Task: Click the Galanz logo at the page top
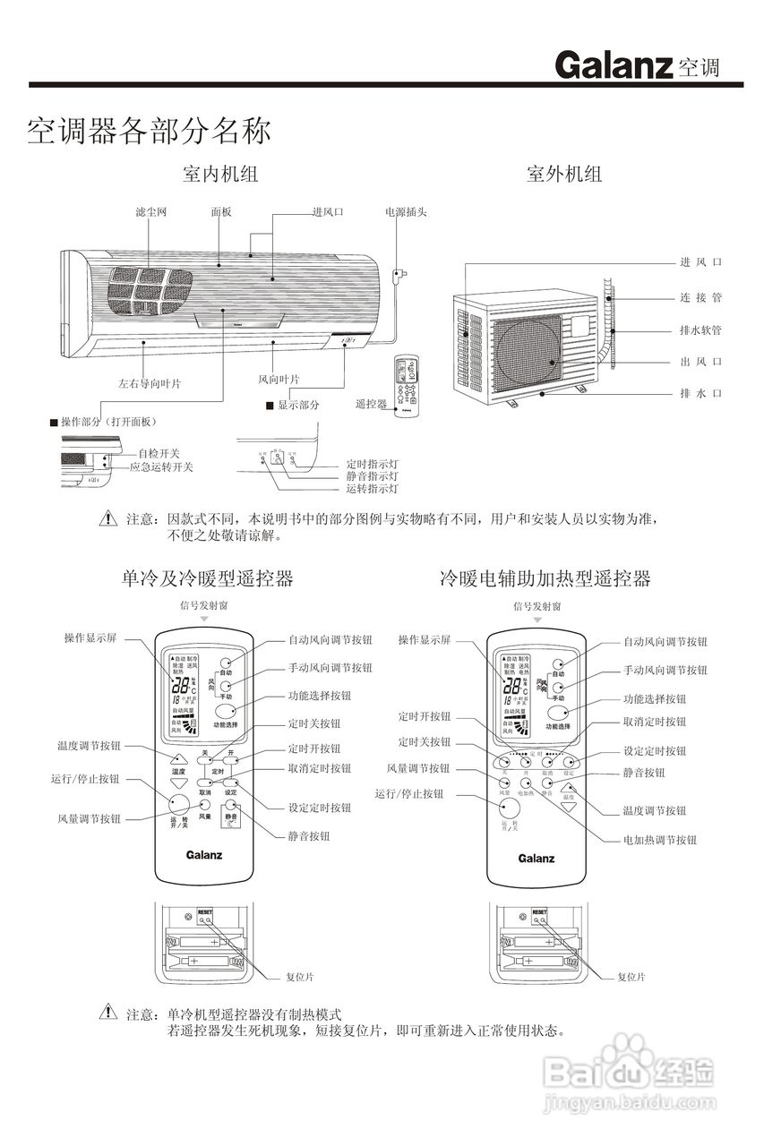coord(613,65)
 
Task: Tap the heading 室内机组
coord(220,174)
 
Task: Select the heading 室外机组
coord(564,174)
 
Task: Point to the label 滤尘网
coord(150,212)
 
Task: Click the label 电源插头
coord(406,212)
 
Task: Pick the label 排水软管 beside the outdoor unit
coord(700,330)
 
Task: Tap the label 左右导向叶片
coord(150,383)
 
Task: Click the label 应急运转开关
coord(161,467)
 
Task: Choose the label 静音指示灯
coord(373,477)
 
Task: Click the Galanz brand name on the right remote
coord(537,858)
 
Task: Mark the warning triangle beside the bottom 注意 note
coord(108,1013)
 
